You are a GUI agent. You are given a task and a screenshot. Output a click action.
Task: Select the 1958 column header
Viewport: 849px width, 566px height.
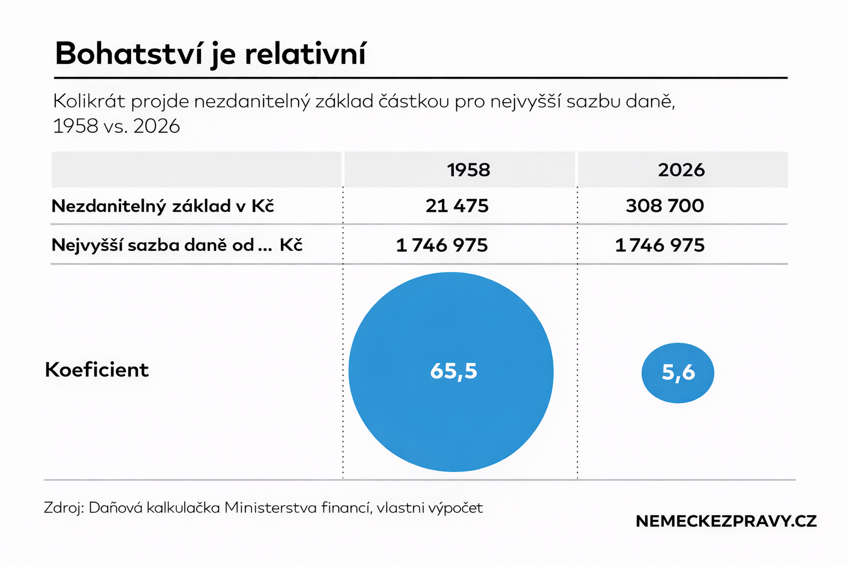pos(468,170)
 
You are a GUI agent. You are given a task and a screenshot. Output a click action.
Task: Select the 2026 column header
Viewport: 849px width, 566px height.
pos(681,170)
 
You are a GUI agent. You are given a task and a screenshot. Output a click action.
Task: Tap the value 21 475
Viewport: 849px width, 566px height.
pos(457,206)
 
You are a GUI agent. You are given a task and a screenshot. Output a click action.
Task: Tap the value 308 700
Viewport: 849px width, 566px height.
pos(664,206)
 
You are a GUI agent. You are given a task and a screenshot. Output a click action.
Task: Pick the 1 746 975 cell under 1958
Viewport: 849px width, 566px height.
pos(442,245)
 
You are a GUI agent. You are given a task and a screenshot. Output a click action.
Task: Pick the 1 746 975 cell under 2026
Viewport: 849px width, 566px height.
pos(660,245)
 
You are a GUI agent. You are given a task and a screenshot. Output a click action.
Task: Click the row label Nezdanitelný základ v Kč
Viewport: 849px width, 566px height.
pos(163,206)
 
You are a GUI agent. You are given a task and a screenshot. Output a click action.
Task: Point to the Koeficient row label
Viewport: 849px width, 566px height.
pos(97,370)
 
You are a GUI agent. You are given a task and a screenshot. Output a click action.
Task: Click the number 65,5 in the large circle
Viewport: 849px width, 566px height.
pos(453,371)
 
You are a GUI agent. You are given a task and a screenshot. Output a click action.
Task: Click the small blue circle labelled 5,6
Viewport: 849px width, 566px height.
pos(678,373)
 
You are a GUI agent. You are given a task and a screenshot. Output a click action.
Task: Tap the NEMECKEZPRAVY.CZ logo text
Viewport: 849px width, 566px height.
pos(726,521)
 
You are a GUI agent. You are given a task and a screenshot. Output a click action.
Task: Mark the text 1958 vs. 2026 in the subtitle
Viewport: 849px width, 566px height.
pos(116,126)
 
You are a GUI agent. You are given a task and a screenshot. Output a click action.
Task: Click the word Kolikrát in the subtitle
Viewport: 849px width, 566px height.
pos(89,101)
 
